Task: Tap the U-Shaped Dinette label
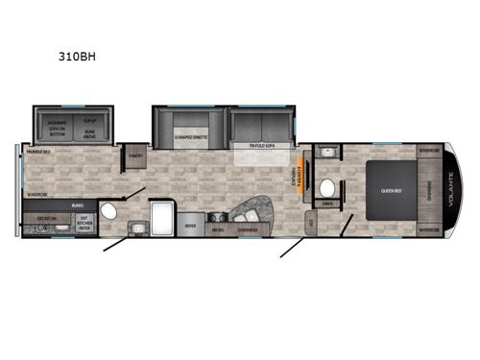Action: pos(190,137)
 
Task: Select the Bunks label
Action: pos(77,205)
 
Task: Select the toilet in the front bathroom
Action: pos(327,186)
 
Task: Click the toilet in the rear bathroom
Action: pos(108,211)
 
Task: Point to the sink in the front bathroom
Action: pos(325,153)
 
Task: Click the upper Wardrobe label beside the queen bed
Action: pos(428,150)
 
